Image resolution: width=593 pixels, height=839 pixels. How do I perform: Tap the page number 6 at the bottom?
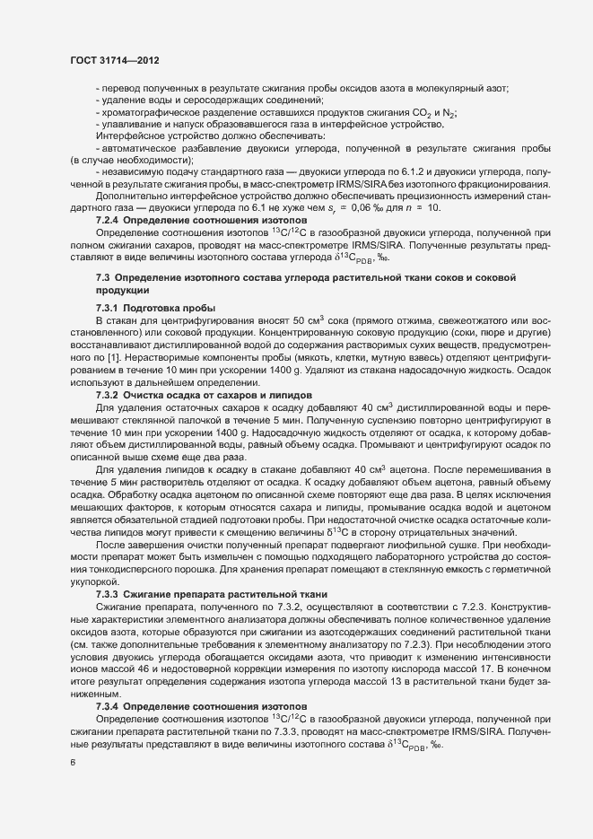point(72,762)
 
